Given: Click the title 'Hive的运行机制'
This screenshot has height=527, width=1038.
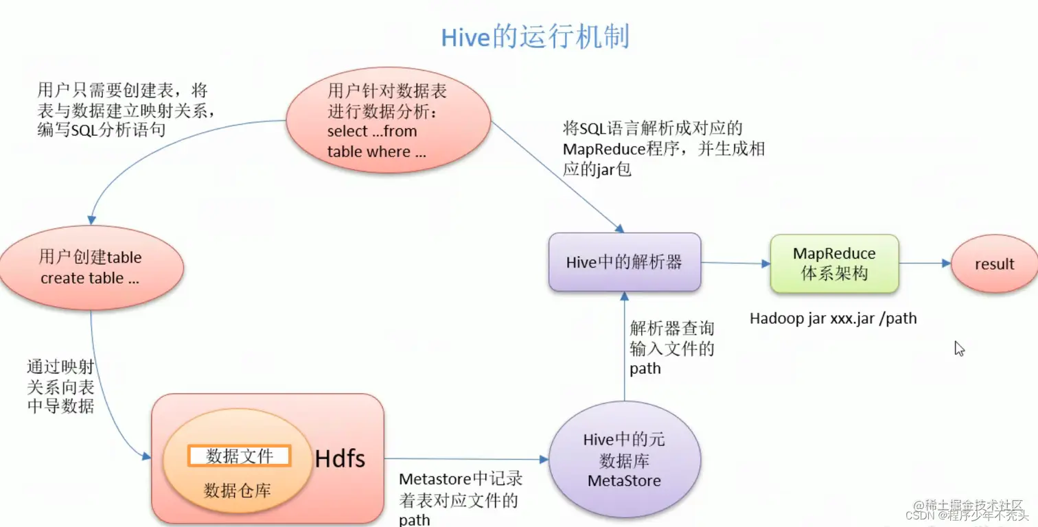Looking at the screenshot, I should tap(535, 36).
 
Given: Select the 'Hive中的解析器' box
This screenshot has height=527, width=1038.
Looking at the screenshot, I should tap(624, 262).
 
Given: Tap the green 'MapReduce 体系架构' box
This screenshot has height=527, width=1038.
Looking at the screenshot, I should tap(834, 263).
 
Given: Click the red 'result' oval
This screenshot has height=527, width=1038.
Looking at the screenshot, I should tap(993, 264).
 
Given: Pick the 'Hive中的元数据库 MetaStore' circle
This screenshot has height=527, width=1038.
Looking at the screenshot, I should tap(624, 460).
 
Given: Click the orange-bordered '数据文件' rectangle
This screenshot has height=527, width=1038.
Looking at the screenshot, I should tap(240, 456).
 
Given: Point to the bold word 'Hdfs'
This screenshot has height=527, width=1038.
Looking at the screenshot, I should tap(340, 458).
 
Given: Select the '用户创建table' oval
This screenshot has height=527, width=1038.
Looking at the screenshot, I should tap(91, 267).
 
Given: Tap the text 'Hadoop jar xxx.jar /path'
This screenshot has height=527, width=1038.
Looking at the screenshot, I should tap(833, 318).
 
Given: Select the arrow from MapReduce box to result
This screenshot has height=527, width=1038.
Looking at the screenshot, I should tap(924, 263).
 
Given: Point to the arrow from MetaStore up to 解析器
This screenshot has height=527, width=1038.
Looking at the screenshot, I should tap(624, 343).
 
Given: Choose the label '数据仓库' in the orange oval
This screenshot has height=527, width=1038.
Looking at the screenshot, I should tap(237, 490).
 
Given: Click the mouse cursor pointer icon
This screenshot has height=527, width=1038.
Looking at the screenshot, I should tap(959, 348).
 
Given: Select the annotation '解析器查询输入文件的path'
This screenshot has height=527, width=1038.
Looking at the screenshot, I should tap(671, 349).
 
